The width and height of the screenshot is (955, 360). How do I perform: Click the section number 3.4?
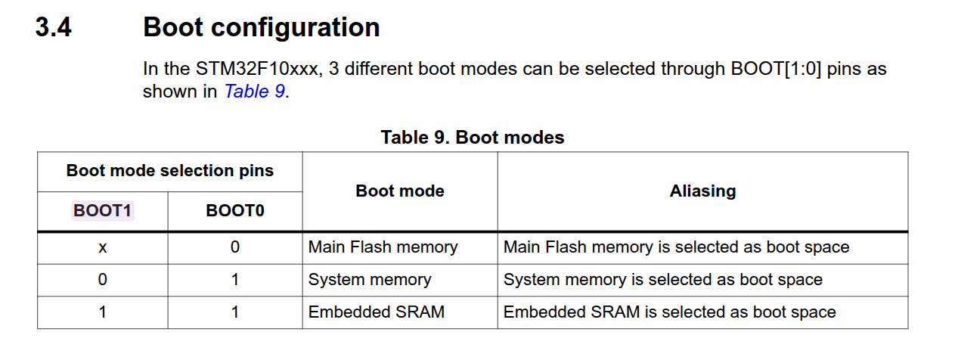[x=53, y=27]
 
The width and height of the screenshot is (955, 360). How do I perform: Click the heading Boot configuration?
[x=262, y=28]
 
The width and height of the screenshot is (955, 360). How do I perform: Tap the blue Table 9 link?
[x=255, y=92]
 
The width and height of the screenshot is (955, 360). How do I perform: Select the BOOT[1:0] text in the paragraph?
[x=776, y=69]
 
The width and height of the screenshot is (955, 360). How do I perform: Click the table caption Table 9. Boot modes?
[x=473, y=138]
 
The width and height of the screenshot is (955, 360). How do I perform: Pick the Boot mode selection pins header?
[x=169, y=171]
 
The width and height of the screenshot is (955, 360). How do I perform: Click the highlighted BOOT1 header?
[x=102, y=211]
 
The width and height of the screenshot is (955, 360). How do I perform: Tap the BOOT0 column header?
[x=235, y=211]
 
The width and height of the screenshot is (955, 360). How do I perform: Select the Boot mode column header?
[x=400, y=191]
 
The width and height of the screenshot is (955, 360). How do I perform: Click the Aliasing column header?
[x=702, y=191]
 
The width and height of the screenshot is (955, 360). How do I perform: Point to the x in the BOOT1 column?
[x=102, y=248]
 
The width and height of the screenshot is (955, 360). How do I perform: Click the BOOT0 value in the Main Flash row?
[x=235, y=247]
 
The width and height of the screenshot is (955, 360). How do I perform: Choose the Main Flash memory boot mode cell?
[x=383, y=247]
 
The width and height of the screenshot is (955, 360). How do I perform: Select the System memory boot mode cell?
[x=370, y=280]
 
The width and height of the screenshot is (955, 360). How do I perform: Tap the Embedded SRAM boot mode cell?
[x=376, y=312]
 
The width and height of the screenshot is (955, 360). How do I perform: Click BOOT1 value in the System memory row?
[x=102, y=280]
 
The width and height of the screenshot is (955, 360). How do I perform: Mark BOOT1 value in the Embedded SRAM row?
[x=102, y=312]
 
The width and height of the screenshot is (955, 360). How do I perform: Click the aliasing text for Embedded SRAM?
[x=669, y=312]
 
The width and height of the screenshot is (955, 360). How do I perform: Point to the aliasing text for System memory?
[x=663, y=280]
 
